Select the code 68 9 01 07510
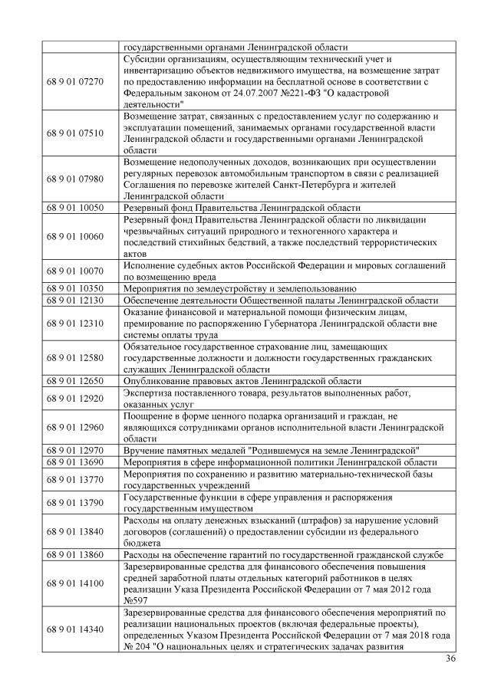[x=75, y=133]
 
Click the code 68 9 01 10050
[x=75, y=208]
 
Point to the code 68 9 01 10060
[x=75, y=237]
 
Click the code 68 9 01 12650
[x=75, y=380]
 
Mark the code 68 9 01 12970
[x=75, y=449]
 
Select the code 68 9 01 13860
[x=75, y=553]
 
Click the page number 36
[x=450, y=659]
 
